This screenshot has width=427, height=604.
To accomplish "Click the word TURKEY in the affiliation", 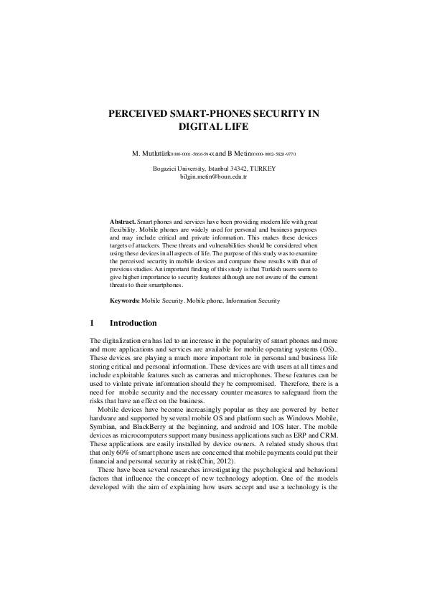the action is pyautogui.click(x=261, y=168).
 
